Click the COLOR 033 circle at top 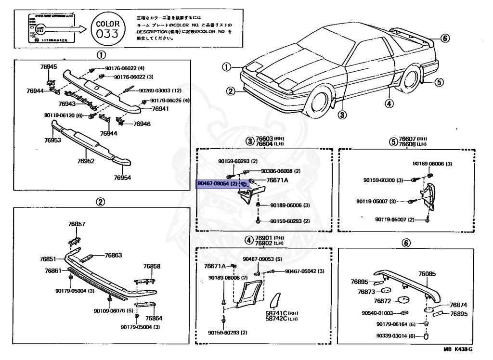[x=104, y=30]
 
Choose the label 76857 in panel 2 [x=77, y=224]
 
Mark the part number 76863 [x=114, y=255]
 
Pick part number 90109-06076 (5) [x=113, y=310]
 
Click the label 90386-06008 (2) [x=281, y=171]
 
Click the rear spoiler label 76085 [x=427, y=274]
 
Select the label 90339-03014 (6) [x=398, y=336]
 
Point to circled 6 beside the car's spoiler [x=444, y=39]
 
